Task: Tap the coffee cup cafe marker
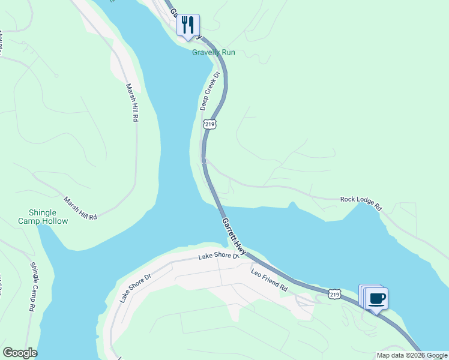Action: point(377,298)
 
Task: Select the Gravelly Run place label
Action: point(213,52)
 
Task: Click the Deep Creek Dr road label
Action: point(210,92)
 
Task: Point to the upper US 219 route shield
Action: point(209,124)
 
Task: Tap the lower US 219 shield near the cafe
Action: point(335,294)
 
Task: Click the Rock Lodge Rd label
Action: point(361,203)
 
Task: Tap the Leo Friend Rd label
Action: point(269,280)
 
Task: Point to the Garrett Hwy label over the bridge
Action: point(234,236)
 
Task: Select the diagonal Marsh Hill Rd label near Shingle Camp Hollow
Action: point(80,208)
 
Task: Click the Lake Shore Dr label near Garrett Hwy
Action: point(219,256)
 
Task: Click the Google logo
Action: point(20,353)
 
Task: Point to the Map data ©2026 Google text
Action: point(412,355)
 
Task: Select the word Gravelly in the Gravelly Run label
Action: point(206,52)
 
